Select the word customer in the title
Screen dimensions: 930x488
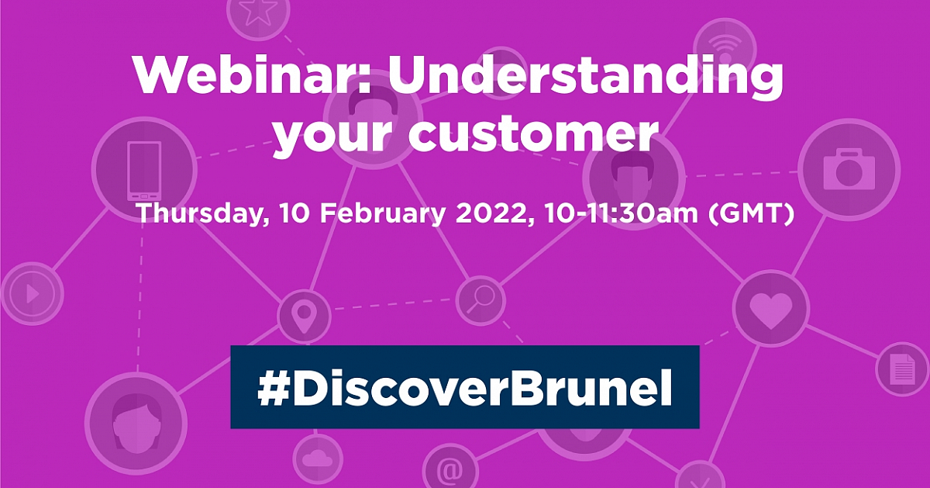tap(534, 134)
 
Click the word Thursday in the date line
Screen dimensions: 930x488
tap(203, 213)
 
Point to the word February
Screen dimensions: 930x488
tap(382, 214)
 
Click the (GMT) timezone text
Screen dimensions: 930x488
tap(751, 213)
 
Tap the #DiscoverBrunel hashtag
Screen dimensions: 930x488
tap(464, 387)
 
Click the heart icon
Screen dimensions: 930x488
tap(771, 310)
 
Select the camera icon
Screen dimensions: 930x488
tap(849, 169)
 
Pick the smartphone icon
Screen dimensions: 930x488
tap(144, 171)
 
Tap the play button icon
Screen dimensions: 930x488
tap(33, 294)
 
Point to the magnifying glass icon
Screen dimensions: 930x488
tap(480, 299)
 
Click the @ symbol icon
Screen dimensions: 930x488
tap(450, 470)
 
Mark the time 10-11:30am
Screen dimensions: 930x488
tap(622, 213)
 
